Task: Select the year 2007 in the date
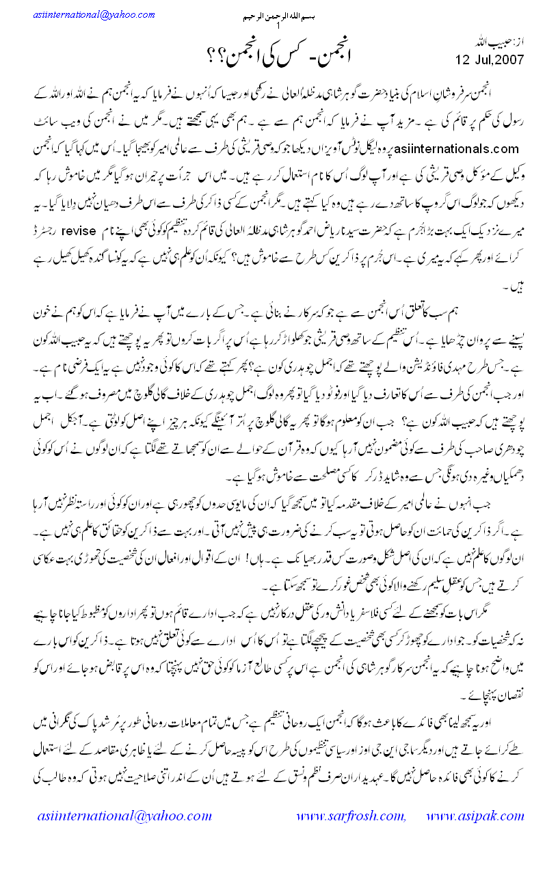coord(509,59)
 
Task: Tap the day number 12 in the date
coord(464,59)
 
